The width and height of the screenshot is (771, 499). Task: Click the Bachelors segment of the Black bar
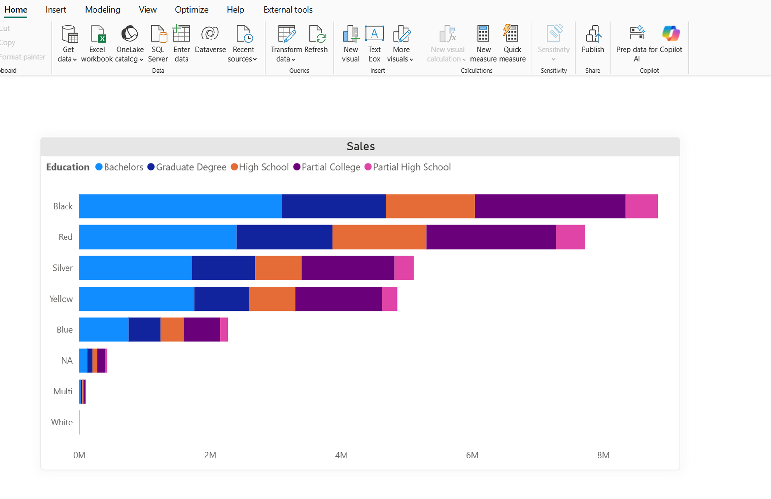click(180, 206)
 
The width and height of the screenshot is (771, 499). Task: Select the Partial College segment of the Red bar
click(491, 237)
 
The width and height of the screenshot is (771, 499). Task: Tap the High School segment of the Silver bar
click(278, 268)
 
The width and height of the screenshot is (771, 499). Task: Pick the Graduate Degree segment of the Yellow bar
click(221, 299)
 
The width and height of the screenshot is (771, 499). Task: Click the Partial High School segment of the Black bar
click(641, 206)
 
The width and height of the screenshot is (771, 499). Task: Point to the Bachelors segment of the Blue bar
click(104, 329)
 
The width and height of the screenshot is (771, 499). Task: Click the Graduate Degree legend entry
click(191, 167)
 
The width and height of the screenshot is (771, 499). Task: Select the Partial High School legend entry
click(412, 167)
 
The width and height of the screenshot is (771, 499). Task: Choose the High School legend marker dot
click(234, 167)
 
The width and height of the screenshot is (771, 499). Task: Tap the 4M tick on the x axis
click(341, 455)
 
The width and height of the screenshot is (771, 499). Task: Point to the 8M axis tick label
click(603, 455)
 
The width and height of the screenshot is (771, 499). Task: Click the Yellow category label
click(61, 299)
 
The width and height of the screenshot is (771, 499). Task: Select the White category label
click(62, 422)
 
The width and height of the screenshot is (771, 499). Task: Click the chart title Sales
click(360, 146)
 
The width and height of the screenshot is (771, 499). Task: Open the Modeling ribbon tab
click(102, 10)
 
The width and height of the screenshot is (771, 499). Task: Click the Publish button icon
click(593, 35)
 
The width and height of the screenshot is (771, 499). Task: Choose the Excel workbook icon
click(97, 35)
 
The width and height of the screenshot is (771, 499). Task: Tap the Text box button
click(374, 43)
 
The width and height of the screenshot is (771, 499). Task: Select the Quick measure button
click(512, 43)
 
